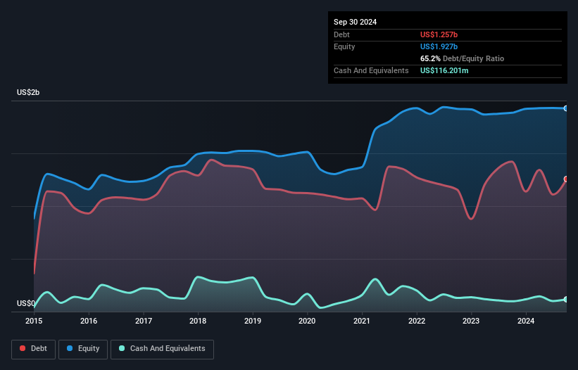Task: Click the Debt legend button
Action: [x=33, y=348]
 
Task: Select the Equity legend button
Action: [x=83, y=348]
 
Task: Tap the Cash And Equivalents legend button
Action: [x=162, y=348]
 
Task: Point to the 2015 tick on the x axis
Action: [x=34, y=321]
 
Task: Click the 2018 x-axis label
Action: [x=198, y=321]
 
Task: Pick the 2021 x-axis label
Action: [x=362, y=321]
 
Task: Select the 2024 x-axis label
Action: [x=525, y=321]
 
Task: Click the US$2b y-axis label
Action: [x=29, y=93]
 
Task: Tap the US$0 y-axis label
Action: [x=26, y=304]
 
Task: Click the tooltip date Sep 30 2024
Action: [x=355, y=22]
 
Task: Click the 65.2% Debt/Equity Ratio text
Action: [x=462, y=58]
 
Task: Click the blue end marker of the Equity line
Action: [x=566, y=108]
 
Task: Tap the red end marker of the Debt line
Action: [x=566, y=179]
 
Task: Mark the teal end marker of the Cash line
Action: [x=566, y=300]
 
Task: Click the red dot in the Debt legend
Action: [x=23, y=348]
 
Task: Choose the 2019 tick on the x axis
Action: [x=253, y=321]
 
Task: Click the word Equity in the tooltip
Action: [x=344, y=46]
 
